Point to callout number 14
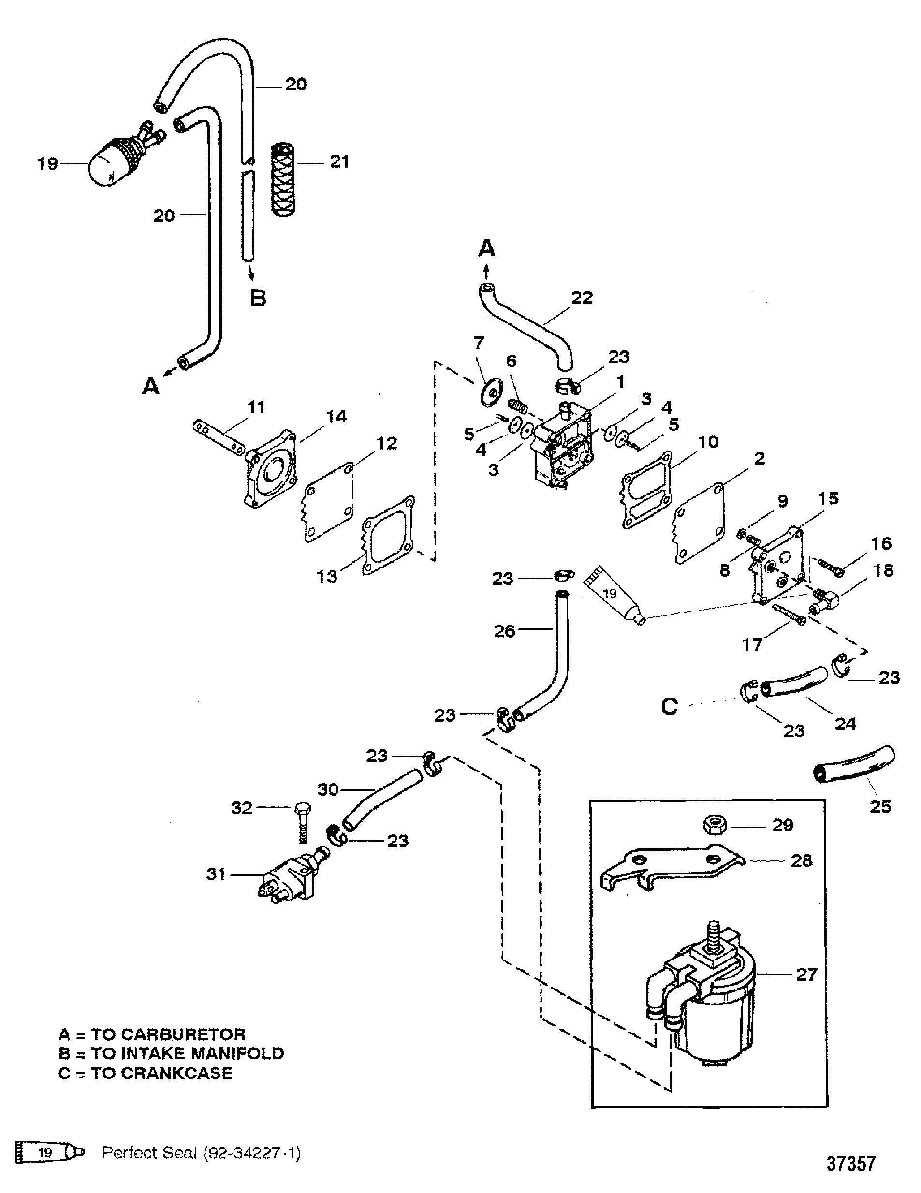[x=336, y=416]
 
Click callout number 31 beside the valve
[x=216, y=874]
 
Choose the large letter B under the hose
[x=258, y=298]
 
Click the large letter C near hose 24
[x=669, y=706]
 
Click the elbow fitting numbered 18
[x=825, y=600]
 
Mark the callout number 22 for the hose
[x=581, y=298]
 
